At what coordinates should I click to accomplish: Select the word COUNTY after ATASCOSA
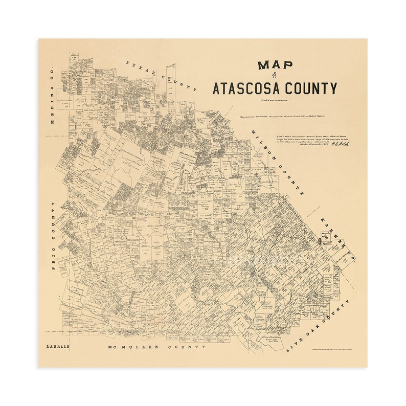pos(313,88)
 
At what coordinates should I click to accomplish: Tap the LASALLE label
pos(56,346)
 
